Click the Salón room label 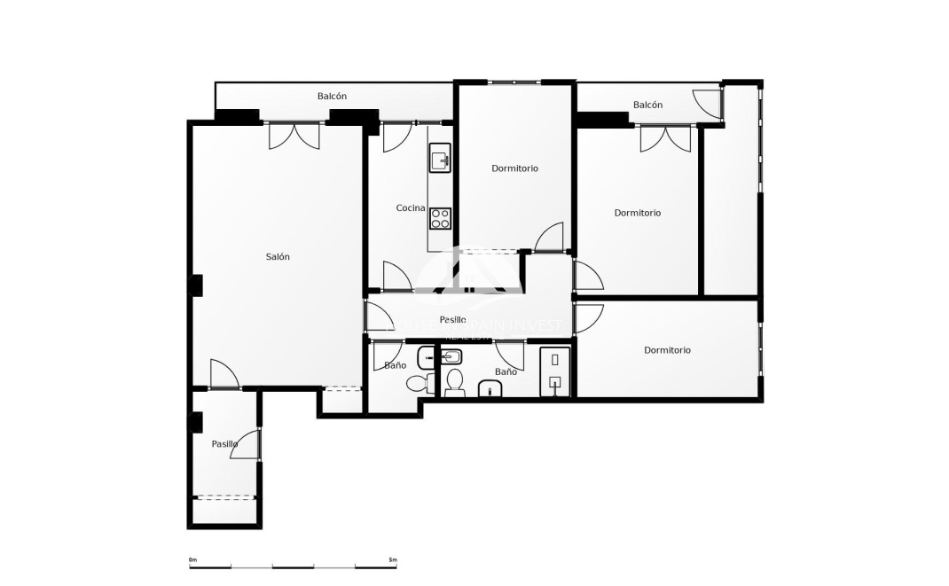pyautogui.click(x=278, y=257)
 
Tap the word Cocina pyautogui.click(x=410, y=208)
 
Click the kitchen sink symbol pyautogui.click(x=440, y=160)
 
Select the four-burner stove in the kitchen pyautogui.click(x=440, y=217)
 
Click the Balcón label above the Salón pyautogui.click(x=332, y=97)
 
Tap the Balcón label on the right pyautogui.click(x=647, y=105)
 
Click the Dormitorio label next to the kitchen pyautogui.click(x=514, y=168)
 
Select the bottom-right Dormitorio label pyautogui.click(x=667, y=350)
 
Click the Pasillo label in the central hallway pyautogui.click(x=452, y=320)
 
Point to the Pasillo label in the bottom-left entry pyautogui.click(x=224, y=444)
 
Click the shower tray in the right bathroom pyautogui.click(x=554, y=371)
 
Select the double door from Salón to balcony pyautogui.click(x=294, y=136)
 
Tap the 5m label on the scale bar pyautogui.click(x=393, y=559)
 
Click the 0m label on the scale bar pyautogui.click(x=192, y=559)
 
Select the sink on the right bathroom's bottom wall pyautogui.click(x=490, y=389)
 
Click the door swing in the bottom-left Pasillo pyautogui.click(x=246, y=446)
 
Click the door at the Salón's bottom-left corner pyautogui.click(x=224, y=374)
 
